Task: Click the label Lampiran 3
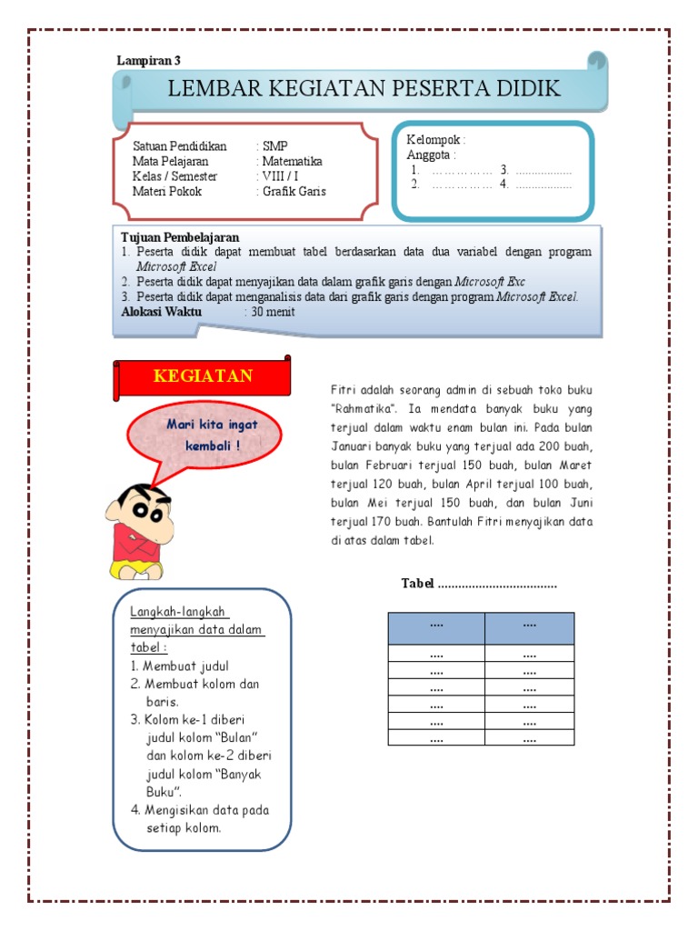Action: (x=149, y=61)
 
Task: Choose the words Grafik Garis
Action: (x=294, y=192)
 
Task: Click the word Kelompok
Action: (x=435, y=140)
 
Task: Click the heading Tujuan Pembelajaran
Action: (x=180, y=237)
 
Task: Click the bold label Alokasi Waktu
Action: (x=164, y=312)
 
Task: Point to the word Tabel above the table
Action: (x=418, y=584)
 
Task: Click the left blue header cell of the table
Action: (x=436, y=627)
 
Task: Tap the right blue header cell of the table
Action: (x=530, y=627)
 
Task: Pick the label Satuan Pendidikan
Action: (x=179, y=146)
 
